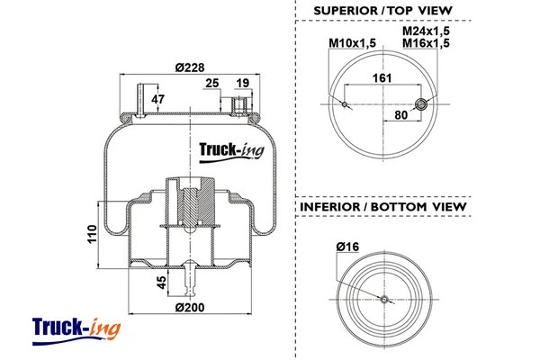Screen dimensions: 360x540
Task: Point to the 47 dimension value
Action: [x=157, y=99]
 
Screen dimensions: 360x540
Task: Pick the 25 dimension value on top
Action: [x=212, y=84]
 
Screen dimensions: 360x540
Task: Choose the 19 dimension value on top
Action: [x=242, y=84]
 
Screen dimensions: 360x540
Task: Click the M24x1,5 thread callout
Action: [x=426, y=31]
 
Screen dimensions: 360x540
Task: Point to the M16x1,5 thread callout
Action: [x=426, y=43]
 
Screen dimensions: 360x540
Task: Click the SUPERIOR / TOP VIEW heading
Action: [x=382, y=11]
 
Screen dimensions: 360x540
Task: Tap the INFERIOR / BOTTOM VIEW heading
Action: [x=382, y=207]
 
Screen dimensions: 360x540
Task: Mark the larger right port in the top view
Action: [x=418, y=104]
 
